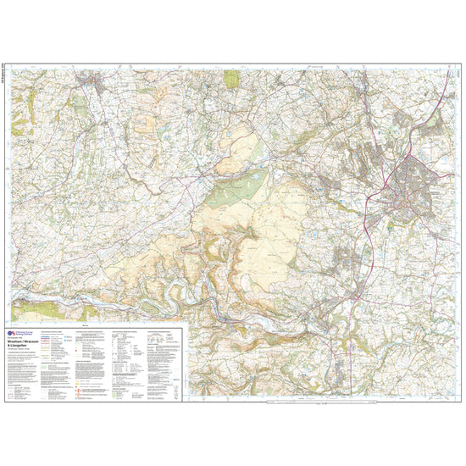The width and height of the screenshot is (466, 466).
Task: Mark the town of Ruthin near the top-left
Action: pyautogui.click(x=90, y=82)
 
